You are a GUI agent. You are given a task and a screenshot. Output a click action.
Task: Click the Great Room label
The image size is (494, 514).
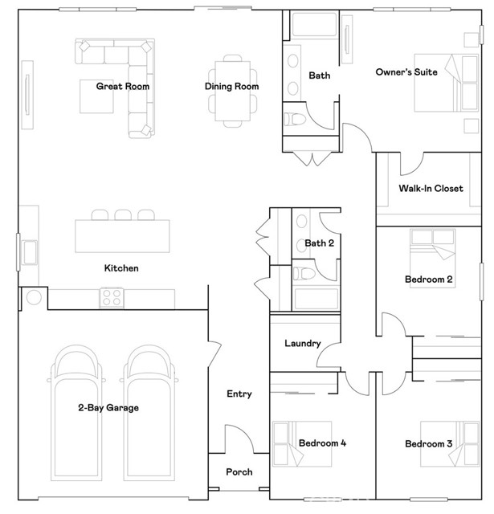coord(123,86)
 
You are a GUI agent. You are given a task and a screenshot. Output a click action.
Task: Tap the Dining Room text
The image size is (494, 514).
coord(231,86)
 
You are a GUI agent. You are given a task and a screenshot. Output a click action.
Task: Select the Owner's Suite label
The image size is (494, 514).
coord(406,72)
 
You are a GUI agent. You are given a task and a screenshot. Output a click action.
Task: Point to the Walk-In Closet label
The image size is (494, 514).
coord(431,189)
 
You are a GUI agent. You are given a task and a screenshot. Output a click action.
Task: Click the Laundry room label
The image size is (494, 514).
coord(303,344)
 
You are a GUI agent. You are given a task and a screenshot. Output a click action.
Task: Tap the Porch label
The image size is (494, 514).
coord(239,472)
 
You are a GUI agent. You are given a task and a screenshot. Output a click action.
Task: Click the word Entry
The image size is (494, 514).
coord(239,394)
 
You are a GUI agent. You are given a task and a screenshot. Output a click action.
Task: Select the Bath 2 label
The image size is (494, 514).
coord(319,243)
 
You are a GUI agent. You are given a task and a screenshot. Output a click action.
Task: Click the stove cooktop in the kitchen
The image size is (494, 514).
coord(112,298)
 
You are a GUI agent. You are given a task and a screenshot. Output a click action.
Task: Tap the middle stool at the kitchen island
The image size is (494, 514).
coord(122,215)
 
